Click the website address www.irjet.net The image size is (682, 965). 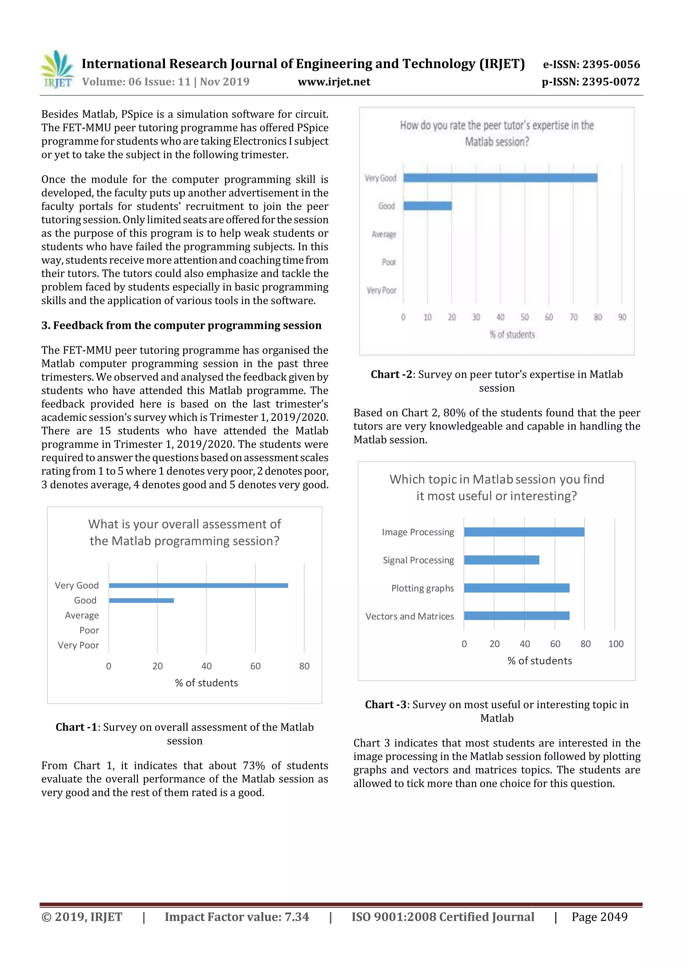(x=334, y=82)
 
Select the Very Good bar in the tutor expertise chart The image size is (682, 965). (x=500, y=178)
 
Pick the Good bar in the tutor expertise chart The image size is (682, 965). (x=427, y=206)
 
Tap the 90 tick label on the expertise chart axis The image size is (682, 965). (x=622, y=317)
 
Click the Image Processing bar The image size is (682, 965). (x=524, y=532)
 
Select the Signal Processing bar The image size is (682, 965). (x=501, y=560)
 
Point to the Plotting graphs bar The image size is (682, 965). (x=516, y=588)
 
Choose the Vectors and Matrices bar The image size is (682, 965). (x=516, y=616)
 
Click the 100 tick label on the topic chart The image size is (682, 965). (x=616, y=644)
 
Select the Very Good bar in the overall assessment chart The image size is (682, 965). (x=198, y=586)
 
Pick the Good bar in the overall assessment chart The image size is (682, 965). (x=141, y=601)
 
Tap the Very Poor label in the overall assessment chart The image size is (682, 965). (x=78, y=645)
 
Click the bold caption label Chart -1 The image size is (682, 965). (x=77, y=727)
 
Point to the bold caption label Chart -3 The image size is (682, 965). (x=385, y=705)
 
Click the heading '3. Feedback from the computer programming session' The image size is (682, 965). (x=181, y=325)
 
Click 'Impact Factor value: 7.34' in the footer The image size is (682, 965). (x=236, y=917)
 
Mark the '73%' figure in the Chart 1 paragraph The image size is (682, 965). (x=253, y=766)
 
